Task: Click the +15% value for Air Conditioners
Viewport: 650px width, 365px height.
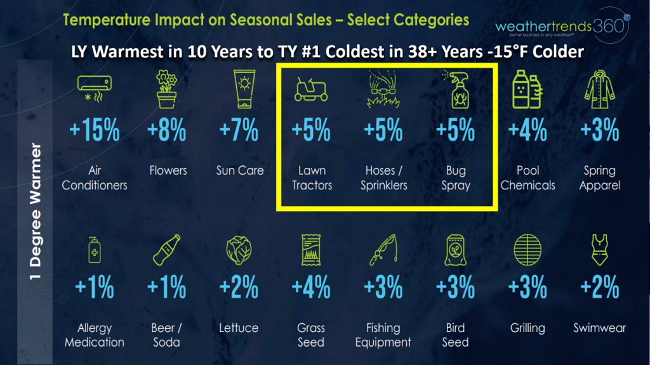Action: [x=95, y=130]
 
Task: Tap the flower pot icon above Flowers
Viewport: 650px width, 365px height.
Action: [x=167, y=89]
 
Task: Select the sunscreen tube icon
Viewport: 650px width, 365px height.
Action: [x=244, y=89]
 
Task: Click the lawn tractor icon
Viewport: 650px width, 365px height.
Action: [x=311, y=89]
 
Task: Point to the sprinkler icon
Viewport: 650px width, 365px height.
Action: [x=383, y=89]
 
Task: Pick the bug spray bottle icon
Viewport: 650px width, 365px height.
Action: [x=457, y=89]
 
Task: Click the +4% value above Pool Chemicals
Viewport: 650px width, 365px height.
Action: [x=527, y=130]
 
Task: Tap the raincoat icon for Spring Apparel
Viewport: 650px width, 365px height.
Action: [x=599, y=89]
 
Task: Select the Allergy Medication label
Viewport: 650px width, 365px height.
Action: [x=95, y=335]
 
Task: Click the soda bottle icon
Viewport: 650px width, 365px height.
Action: [x=167, y=250]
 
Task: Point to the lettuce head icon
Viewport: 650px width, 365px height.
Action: [x=239, y=250]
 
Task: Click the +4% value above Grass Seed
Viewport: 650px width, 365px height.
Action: [x=311, y=287]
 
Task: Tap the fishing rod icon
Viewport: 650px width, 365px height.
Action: [x=384, y=250]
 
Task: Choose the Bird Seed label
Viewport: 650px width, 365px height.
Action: [x=455, y=335]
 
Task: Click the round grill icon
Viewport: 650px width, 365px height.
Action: [x=527, y=250]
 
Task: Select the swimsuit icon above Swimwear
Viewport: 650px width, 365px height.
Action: [x=599, y=250]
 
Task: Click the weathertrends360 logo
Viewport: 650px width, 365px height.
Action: [x=562, y=26]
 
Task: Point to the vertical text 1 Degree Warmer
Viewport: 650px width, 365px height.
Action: [x=36, y=211]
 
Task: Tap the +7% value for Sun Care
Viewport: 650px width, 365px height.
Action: [x=239, y=130]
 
